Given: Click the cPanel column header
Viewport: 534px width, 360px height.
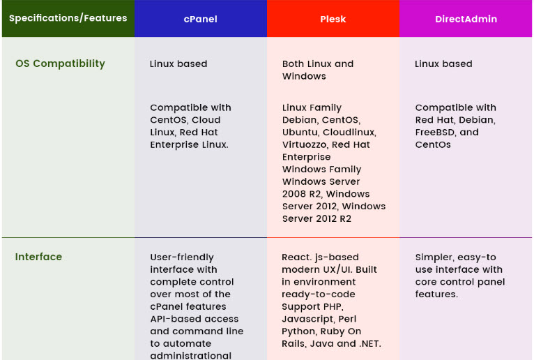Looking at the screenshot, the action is (x=201, y=19).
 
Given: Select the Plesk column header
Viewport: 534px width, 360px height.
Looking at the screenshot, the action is (x=333, y=19).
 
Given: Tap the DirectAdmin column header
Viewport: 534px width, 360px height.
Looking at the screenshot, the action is (x=466, y=19).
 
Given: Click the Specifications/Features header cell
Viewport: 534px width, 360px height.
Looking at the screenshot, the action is (x=68, y=17).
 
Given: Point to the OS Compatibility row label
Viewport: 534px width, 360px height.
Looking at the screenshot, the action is (x=60, y=63).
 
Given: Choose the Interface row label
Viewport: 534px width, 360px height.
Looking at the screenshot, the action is (x=38, y=257).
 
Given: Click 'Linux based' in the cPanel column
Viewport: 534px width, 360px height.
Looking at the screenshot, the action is (x=178, y=63).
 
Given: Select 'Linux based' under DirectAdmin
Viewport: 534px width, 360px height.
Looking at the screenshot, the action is (x=443, y=63).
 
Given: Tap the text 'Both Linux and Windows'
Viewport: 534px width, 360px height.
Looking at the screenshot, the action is (x=318, y=70).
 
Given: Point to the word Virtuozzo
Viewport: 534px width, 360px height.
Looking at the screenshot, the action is (x=305, y=145).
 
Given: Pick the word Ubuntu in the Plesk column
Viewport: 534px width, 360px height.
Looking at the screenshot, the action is (x=300, y=133).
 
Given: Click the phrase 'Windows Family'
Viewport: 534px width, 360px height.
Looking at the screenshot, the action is (x=321, y=170).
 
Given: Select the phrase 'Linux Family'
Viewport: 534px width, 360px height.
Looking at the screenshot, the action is (x=312, y=107).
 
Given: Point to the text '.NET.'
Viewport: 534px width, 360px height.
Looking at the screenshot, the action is (x=370, y=344).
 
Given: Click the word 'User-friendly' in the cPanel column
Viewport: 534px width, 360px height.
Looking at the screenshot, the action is (x=182, y=257).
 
